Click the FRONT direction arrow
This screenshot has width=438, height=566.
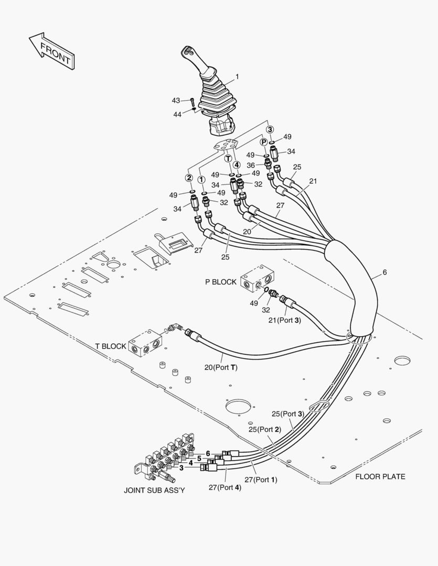(x=51, y=51)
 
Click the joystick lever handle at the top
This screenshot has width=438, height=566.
(x=199, y=63)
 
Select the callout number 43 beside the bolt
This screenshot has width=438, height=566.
(x=176, y=100)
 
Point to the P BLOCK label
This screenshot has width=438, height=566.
(x=220, y=282)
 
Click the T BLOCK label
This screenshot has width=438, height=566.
(x=111, y=346)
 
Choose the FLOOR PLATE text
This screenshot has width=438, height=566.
(x=380, y=476)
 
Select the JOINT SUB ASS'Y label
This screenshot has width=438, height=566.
(x=154, y=491)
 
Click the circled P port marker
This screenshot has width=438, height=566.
(x=264, y=143)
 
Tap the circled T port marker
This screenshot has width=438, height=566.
(x=228, y=158)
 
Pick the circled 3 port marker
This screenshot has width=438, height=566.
(x=270, y=129)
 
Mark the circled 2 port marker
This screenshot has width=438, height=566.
(x=189, y=178)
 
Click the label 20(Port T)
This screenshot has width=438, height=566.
(x=221, y=367)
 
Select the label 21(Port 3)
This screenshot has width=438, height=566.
(x=284, y=320)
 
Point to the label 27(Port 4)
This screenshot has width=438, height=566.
(x=225, y=487)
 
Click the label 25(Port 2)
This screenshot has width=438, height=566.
(x=265, y=429)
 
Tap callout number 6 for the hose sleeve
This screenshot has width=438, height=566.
(x=384, y=273)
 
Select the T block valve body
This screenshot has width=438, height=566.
(x=145, y=343)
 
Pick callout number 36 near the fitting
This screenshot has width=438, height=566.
(x=251, y=165)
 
